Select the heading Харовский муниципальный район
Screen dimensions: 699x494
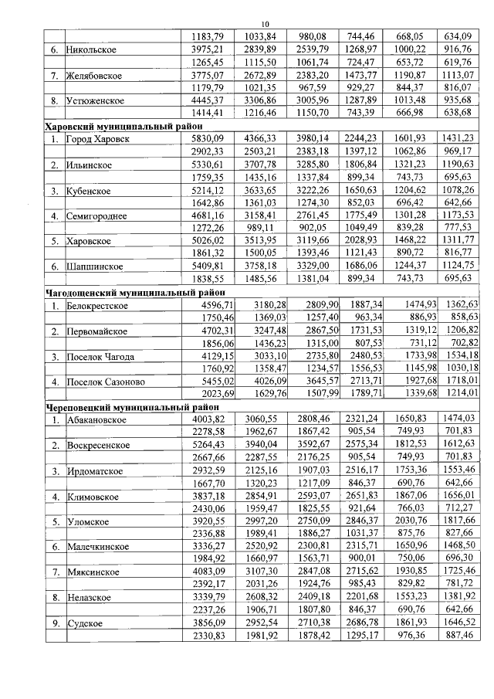click(x=124, y=125)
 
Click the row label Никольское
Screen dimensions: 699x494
click(x=92, y=50)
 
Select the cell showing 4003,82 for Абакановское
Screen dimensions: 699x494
click(x=209, y=419)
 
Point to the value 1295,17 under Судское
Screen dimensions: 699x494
click(x=362, y=635)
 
